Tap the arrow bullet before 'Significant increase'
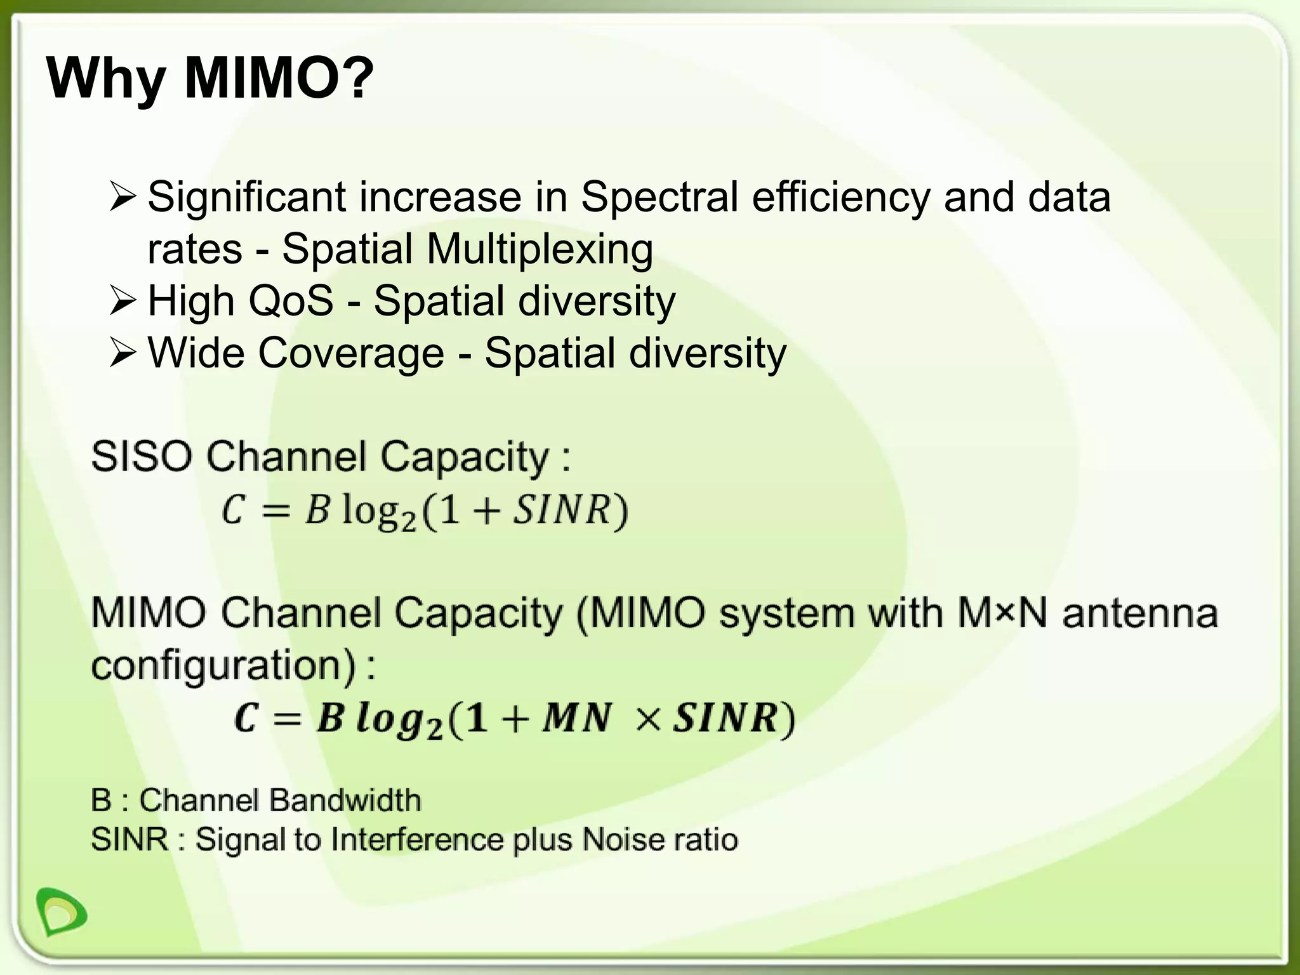coord(121,197)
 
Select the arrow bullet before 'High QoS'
coord(121,301)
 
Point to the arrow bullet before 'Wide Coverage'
coord(121,354)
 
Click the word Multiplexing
coord(540,249)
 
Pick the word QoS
coord(291,301)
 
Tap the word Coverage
coord(350,354)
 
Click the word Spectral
coord(660,197)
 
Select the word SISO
coord(141,456)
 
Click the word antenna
coord(1140,614)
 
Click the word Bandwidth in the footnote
coord(347,800)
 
